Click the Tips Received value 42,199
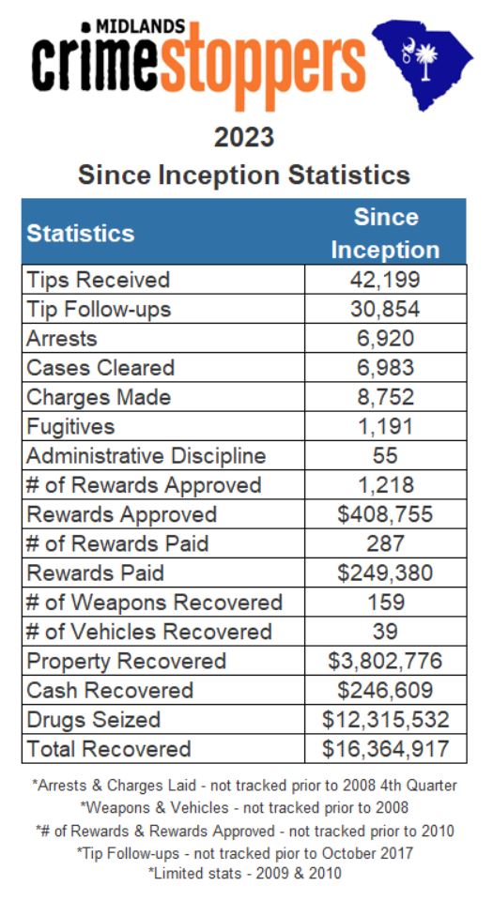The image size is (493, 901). tap(385, 280)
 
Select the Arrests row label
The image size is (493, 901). tap(61, 339)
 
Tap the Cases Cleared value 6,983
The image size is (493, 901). tap(385, 368)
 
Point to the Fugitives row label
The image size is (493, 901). tap(70, 426)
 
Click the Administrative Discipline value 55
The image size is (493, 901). tap(385, 456)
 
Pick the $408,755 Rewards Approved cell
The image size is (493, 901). tap(385, 514)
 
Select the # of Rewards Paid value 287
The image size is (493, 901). tap(385, 543)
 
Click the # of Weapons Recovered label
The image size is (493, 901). tap(155, 603)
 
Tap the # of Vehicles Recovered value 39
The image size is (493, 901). tap(385, 632)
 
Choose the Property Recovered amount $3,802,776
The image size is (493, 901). tap(385, 661)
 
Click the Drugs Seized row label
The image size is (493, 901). tap(94, 720)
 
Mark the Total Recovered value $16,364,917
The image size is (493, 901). tap(385, 749)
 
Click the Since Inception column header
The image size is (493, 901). tap(385, 233)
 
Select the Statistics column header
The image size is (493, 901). tap(81, 234)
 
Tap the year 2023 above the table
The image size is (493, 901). tap(244, 138)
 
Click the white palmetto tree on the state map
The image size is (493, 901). tap(425, 60)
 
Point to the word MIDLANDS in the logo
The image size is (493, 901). tap(139, 26)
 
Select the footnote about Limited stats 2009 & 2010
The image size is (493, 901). tap(245, 874)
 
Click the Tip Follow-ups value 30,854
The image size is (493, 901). tap(385, 309)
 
